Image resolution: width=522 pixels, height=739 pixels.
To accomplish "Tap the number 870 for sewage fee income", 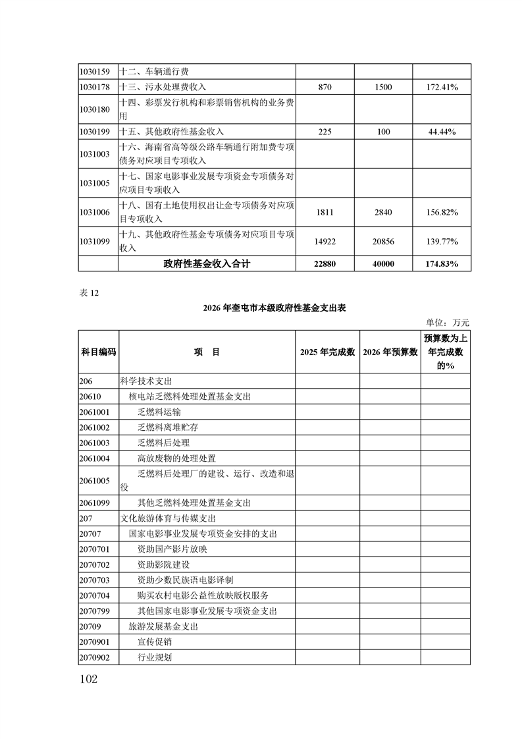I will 325,87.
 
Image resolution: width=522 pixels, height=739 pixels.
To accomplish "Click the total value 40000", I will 383,263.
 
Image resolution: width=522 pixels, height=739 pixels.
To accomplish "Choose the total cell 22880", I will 325,263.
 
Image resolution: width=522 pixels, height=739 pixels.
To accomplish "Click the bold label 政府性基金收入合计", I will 207,263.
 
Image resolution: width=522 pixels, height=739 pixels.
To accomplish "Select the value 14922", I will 325,242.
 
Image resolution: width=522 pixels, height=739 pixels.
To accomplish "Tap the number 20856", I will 383,242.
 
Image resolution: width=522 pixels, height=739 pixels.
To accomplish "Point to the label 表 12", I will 88,294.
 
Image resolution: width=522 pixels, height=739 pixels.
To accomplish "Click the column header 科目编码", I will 98,352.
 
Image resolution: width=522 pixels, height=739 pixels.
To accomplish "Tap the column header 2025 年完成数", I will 327,352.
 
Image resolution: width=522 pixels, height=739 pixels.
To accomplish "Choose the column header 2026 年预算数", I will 390,352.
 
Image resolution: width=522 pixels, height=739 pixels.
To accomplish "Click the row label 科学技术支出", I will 142,381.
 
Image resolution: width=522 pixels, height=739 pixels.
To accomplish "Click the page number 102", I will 88,679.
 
